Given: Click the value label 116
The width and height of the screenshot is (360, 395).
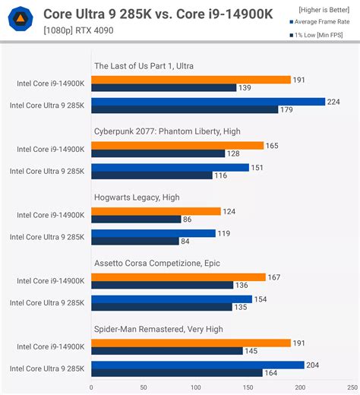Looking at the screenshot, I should tap(222, 175).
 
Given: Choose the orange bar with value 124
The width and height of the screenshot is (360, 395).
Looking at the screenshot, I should tap(156, 211).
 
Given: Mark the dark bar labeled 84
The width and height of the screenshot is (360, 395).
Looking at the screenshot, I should tap(136, 241).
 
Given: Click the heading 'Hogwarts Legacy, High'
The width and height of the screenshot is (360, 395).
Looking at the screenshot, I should tap(137, 197).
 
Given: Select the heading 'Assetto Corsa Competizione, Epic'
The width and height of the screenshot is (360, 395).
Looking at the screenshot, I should tap(157, 263).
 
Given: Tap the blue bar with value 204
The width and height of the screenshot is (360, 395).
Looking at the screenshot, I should tap(197, 365).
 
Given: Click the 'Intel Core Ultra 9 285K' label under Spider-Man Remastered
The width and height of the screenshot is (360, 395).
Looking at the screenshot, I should tap(47, 368).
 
